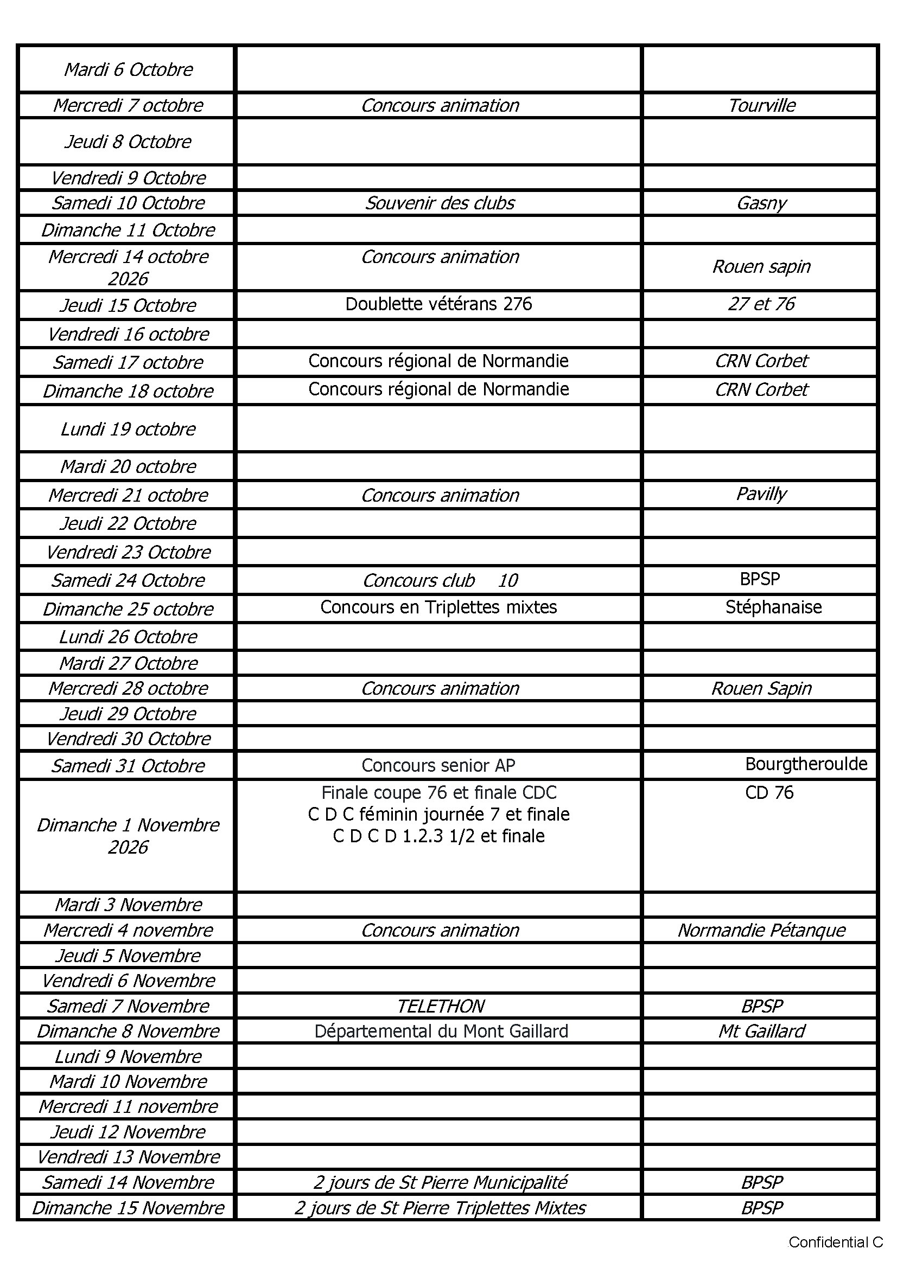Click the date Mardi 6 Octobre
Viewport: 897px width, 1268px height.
(128, 69)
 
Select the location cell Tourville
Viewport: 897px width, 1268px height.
(761, 105)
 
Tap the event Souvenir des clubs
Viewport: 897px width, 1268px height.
(440, 203)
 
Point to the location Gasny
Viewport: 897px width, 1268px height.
(761, 203)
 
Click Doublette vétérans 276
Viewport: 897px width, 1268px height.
(438, 304)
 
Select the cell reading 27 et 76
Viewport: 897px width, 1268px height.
(761, 304)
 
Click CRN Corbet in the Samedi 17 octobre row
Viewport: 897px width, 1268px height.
(761, 361)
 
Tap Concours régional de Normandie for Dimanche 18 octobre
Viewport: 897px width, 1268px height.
(438, 389)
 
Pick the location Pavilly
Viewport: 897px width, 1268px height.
(761, 494)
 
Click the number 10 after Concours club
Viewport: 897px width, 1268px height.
(508, 580)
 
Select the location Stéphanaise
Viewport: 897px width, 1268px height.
(773, 607)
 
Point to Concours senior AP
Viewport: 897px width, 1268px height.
(438, 765)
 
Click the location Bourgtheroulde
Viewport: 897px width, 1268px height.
(806, 764)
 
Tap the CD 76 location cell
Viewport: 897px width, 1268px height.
(769, 793)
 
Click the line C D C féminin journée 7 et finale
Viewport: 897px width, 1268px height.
(438, 815)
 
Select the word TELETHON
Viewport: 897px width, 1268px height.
(441, 1006)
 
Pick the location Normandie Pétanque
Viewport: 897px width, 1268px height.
(761, 931)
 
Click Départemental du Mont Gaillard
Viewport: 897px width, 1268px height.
(441, 1032)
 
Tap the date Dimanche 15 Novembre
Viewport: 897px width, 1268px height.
(128, 1208)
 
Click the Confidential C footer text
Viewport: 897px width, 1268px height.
(835, 1243)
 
